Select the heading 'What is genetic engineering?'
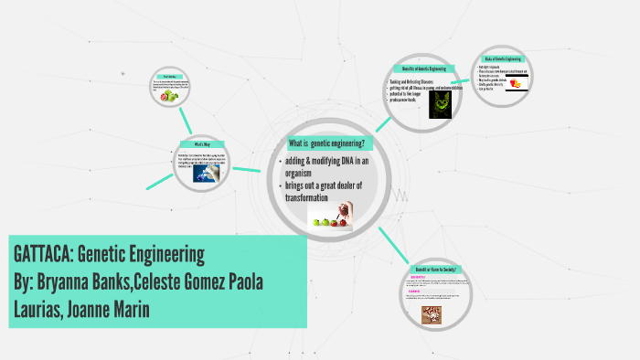[x=326, y=144]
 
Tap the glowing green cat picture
[x=442, y=103]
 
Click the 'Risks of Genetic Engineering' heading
[x=502, y=58]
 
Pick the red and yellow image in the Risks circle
[x=518, y=83]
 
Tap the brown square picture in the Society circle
[x=429, y=314]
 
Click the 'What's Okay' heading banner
[x=202, y=144]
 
